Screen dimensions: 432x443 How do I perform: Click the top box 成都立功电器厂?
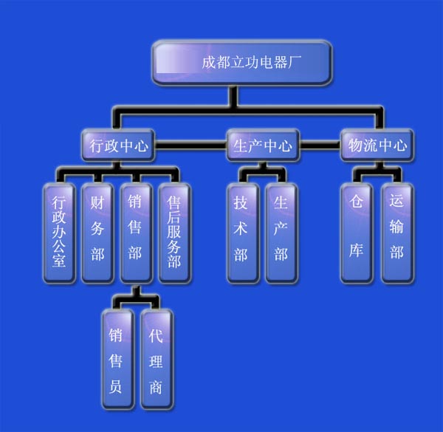(x=241, y=62)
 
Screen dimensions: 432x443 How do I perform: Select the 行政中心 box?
(x=119, y=145)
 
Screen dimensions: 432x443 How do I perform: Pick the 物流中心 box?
(x=377, y=145)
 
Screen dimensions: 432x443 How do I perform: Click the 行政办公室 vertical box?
(x=59, y=233)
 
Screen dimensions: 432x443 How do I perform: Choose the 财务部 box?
(x=97, y=233)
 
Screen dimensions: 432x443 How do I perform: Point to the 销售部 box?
(x=136, y=233)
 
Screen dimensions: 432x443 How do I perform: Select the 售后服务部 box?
(x=174, y=233)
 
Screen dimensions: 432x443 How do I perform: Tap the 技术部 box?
(x=241, y=233)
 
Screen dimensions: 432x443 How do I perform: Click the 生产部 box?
(x=281, y=233)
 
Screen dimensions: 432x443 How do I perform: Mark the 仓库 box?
(x=357, y=233)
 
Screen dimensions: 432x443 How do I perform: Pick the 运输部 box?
(x=396, y=233)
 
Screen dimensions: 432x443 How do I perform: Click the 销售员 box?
(x=117, y=359)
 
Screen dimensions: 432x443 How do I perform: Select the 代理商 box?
(x=156, y=359)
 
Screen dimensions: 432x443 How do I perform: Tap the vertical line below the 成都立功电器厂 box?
(x=233, y=97)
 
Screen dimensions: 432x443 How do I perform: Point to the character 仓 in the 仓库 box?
(x=357, y=203)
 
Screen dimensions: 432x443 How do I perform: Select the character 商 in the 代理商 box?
(x=156, y=387)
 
